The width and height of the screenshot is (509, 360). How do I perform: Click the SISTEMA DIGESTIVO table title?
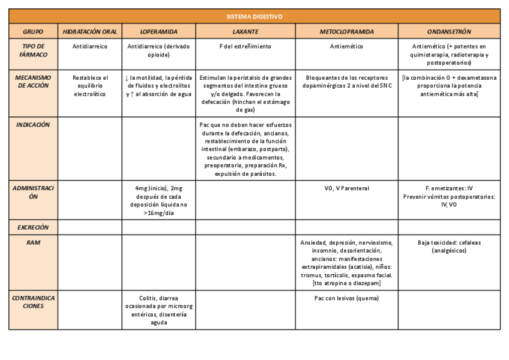pos(254,16)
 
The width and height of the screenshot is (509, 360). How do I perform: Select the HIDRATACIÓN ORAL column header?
pos(90,31)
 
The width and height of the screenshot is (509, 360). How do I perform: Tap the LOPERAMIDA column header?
pos(158,31)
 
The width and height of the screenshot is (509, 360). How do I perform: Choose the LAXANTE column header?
pos(246,31)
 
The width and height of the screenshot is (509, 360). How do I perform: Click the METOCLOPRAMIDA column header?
pos(346,31)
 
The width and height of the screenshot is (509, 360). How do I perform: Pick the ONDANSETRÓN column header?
pos(449,31)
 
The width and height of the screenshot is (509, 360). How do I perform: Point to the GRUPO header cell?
pos(33,31)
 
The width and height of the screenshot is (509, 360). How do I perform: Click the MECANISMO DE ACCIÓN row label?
pos(33,81)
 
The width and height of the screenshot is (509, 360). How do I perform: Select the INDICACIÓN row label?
pos(33,125)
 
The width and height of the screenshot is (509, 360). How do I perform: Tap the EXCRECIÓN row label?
pos(33,228)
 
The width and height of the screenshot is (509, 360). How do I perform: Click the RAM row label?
pos(33,242)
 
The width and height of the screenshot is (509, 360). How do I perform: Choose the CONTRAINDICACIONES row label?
pos(33,302)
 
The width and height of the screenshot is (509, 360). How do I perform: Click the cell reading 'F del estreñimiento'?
pos(246,46)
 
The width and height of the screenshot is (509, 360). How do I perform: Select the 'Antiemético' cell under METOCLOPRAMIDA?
pos(346,46)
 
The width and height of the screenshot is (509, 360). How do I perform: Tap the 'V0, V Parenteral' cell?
pos(346,188)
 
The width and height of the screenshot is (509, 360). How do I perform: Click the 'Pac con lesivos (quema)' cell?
pos(346,298)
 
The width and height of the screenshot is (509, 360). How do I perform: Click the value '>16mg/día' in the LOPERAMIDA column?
pos(158,212)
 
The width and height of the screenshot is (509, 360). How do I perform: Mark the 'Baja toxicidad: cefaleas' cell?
pos(449,243)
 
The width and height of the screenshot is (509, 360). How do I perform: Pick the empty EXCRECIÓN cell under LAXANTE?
pos(246,228)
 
